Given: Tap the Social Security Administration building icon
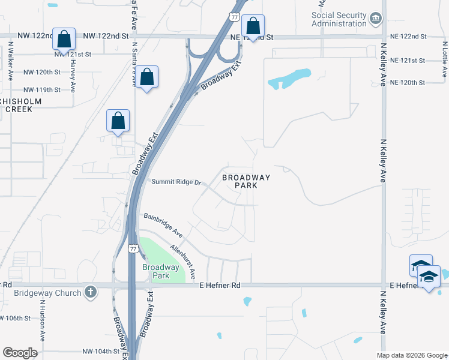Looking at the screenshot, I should [x=376, y=19].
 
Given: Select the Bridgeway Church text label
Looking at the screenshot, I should [x=48, y=293].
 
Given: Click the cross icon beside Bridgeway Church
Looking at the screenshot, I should [x=90, y=292].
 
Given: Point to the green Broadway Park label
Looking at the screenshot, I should [x=160, y=271].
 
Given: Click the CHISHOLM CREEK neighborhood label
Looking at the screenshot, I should [x=24, y=105].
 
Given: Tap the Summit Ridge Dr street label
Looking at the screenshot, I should [x=175, y=182].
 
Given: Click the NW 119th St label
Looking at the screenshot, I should [x=42, y=89].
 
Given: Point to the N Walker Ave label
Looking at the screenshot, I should [x=11, y=61].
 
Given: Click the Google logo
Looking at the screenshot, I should [x=20, y=353].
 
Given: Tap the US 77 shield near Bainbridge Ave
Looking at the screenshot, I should [x=133, y=248].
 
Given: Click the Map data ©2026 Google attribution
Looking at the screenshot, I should [x=411, y=355].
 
